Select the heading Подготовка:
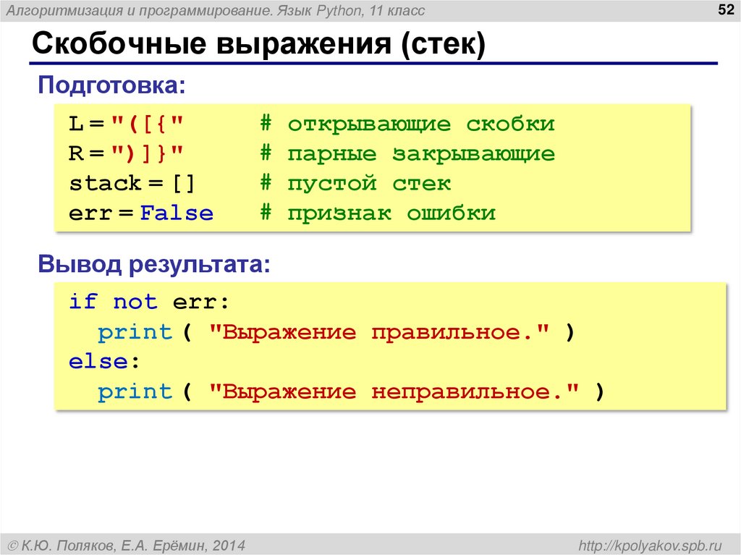(x=111, y=86)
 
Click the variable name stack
(x=105, y=184)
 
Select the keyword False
(x=177, y=214)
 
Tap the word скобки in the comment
(x=510, y=124)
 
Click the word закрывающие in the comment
(x=474, y=154)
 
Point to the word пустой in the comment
(x=331, y=184)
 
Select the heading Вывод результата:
(x=154, y=264)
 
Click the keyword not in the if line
(x=135, y=302)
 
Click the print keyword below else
(x=135, y=392)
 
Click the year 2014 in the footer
(x=229, y=544)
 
